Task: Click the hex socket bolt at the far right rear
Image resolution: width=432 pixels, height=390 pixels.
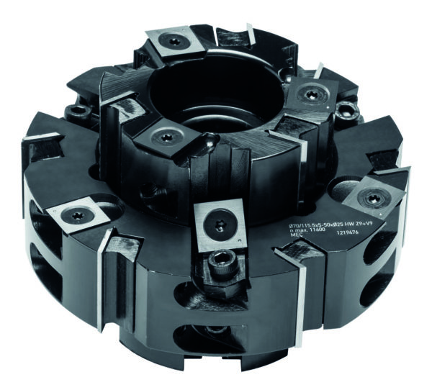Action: coord(350,109)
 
